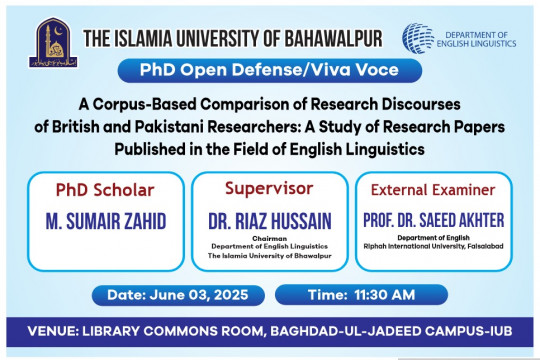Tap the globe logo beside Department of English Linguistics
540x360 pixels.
418,39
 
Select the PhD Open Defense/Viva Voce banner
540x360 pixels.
269,71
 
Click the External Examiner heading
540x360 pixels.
433,189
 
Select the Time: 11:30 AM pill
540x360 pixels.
353,294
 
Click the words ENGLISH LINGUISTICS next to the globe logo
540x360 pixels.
477,44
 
